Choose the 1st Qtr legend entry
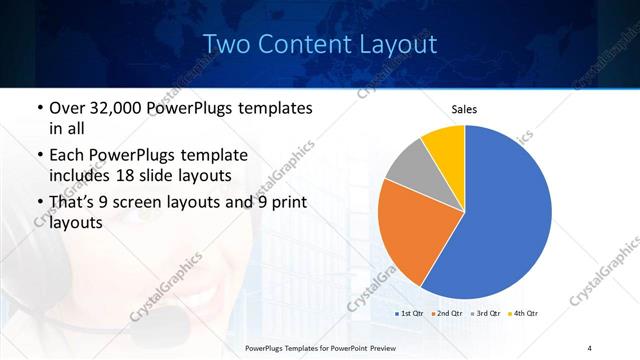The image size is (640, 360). [x=410, y=313]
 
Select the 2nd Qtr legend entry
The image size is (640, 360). [x=447, y=313]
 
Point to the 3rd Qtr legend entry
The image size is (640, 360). [x=486, y=313]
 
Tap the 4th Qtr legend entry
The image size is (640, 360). [x=523, y=313]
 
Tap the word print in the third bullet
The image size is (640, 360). [x=286, y=202]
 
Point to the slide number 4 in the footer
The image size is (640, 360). [x=589, y=347]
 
